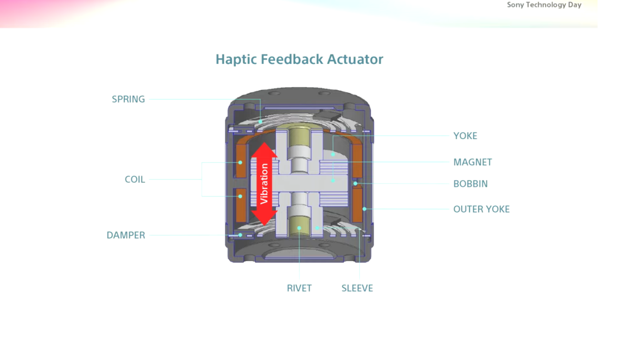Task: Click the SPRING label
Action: coord(128,99)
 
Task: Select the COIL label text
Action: coord(135,180)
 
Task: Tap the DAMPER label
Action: coord(126,235)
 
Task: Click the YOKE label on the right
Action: coord(465,136)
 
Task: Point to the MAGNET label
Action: coord(473,162)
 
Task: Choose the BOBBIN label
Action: coord(471,183)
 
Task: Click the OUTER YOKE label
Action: coord(481,209)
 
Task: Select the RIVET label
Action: coord(299,288)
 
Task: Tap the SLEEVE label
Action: coord(357,288)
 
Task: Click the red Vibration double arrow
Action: coord(264,183)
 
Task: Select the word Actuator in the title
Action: coord(355,59)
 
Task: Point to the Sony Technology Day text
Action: coord(544,5)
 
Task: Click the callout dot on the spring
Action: coord(260,122)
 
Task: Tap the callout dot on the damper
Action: coord(240,235)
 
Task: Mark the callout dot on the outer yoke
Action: coord(364,209)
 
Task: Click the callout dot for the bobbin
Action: coord(355,183)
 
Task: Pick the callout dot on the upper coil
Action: coord(240,163)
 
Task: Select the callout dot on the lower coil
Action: coord(240,196)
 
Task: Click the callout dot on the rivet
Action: coord(299,228)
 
